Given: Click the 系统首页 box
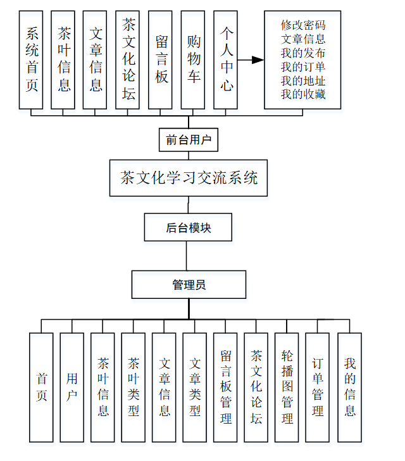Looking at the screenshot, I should coord(31,60).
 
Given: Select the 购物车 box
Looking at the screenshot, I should coord(193,60).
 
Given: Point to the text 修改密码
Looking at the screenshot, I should coord(303,26).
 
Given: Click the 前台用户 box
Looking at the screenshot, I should coord(188,140).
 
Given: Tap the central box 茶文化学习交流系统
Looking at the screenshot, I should coord(189,178).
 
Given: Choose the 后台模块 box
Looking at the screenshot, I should coord(188,227).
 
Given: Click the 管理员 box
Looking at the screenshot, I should coord(189,285).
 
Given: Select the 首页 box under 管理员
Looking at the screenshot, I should coord(41,387).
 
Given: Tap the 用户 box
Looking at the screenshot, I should coord(72,387).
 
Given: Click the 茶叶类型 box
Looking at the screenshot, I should coord(134,387).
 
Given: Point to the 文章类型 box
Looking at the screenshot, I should coord(195,387).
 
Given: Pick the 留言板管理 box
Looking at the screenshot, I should coord(225,387).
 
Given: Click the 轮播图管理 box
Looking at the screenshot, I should coord(287,387).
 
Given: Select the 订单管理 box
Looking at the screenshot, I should coord(317,387).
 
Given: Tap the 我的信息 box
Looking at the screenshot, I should coord(349,387).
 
